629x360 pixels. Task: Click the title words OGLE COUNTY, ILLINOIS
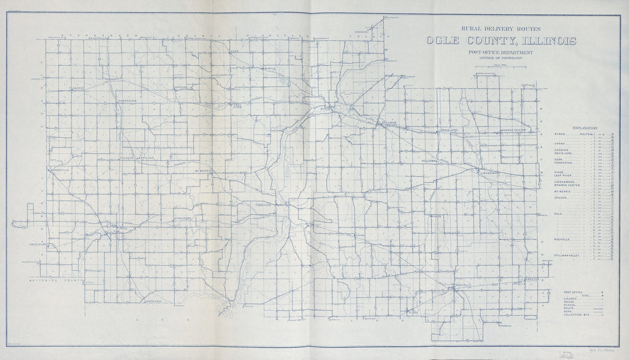click(500, 41)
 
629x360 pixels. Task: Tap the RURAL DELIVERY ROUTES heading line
click(500, 28)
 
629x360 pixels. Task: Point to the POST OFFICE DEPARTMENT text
click(500, 53)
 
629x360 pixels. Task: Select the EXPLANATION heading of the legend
click(580, 129)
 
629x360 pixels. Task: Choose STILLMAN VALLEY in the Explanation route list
click(567, 255)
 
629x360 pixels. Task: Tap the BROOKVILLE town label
click(60, 170)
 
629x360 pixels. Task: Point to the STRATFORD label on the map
click(183, 218)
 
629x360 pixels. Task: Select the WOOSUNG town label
click(154, 301)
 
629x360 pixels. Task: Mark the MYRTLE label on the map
click(269, 69)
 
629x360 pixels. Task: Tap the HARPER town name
click(77, 89)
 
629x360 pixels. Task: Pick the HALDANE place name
click(126, 158)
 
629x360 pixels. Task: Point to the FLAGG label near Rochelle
click(413, 312)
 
